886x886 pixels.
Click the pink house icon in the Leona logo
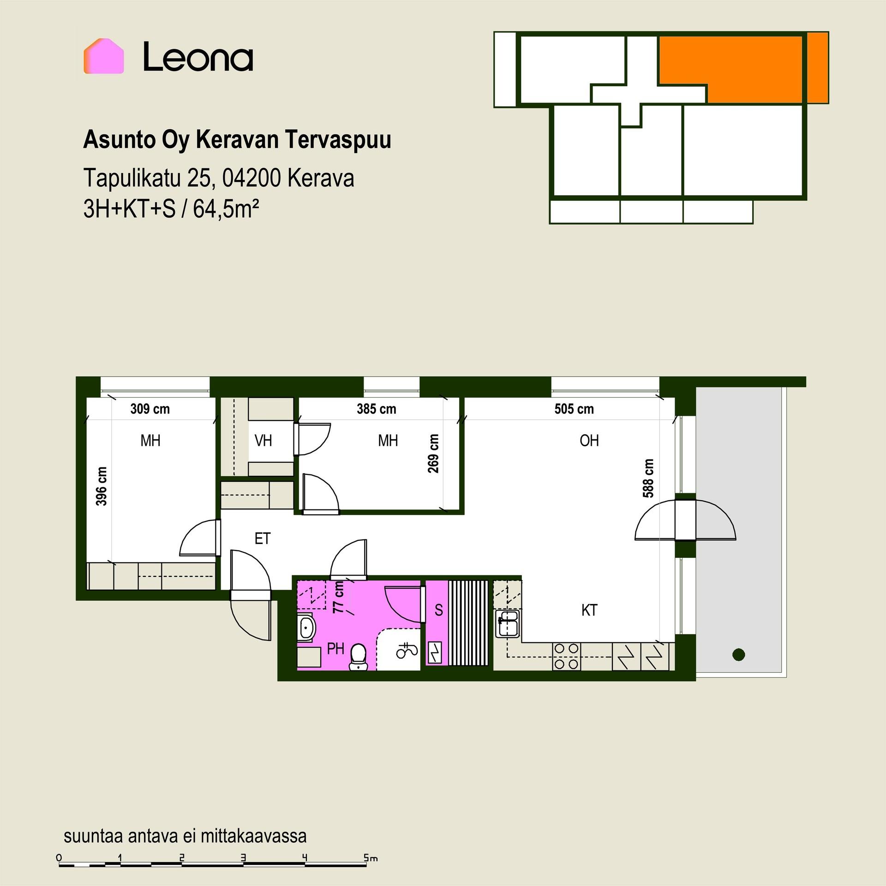[104, 56]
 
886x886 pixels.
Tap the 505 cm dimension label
[574, 409]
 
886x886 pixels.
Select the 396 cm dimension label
[102, 486]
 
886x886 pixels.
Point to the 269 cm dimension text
[433, 454]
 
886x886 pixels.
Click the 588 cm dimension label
[648, 478]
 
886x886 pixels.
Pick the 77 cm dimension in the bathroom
[339, 597]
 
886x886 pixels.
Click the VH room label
[263, 441]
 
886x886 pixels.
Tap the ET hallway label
[263, 539]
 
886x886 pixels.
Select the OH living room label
[589, 441]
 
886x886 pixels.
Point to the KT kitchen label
[589, 611]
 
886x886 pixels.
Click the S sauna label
[439, 611]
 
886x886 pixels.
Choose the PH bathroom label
[335, 649]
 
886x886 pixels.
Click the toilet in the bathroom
[359, 657]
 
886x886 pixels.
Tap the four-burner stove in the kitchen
[567, 656]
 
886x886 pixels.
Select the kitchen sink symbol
[508, 623]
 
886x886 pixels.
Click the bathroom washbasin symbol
[305, 628]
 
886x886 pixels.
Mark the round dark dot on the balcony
[739, 654]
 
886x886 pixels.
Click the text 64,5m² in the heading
[226, 210]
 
